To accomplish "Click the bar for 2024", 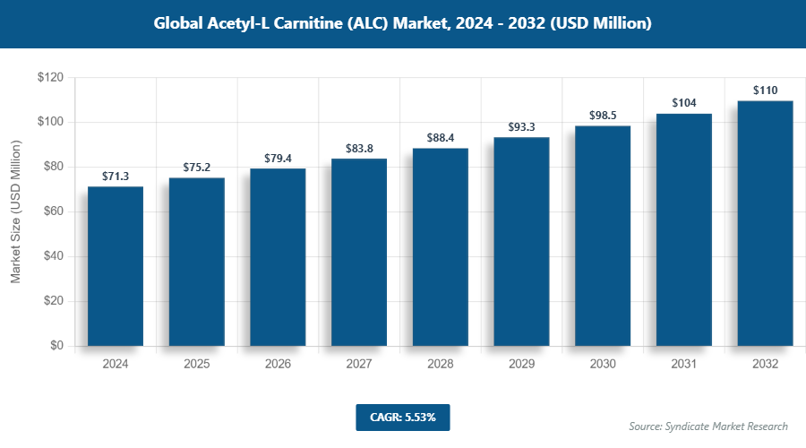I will pyautogui.click(x=116, y=266).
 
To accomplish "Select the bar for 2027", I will pyautogui.click(x=359, y=253).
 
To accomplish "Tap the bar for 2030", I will pyautogui.click(x=603, y=236).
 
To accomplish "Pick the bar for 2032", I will pyautogui.click(x=765, y=223).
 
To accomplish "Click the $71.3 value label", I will pyautogui.click(x=116, y=176).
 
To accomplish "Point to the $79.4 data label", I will pyautogui.click(x=278, y=158).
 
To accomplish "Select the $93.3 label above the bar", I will pyautogui.click(x=521, y=126).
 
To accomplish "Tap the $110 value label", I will pyautogui.click(x=765, y=90).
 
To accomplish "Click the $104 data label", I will pyautogui.click(x=684, y=103).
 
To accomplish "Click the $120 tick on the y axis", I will pyautogui.click(x=50, y=78).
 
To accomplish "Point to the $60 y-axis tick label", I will pyautogui.click(x=53, y=211).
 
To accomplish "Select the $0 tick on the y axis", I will pyautogui.click(x=56, y=346).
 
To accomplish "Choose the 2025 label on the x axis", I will pyautogui.click(x=197, y=365).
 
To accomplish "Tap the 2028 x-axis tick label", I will pyautogui.click(x=441, y=365).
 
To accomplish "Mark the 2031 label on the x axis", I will pyautogui.click(x=684, y=365).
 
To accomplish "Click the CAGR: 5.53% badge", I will pyautogui.click(x=402, y=418).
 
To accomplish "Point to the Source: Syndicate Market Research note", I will pyautogui.click(x=708, y=426).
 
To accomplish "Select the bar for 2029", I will pyautogui.click(x=521, y=241).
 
